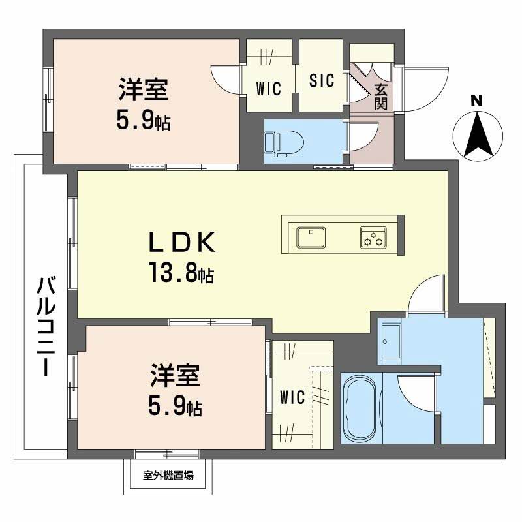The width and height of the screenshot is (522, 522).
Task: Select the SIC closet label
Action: point(321,81)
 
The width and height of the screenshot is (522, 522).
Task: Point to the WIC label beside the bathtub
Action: point(292,397)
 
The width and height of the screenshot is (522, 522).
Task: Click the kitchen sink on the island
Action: point(312,236)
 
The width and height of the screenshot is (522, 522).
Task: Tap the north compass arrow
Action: point(478,135)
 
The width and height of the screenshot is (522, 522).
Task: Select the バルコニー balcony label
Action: point(45,326)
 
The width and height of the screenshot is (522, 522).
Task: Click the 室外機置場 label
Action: point(168,476)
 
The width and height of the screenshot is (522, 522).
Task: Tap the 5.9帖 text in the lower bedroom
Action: point(174,408)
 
